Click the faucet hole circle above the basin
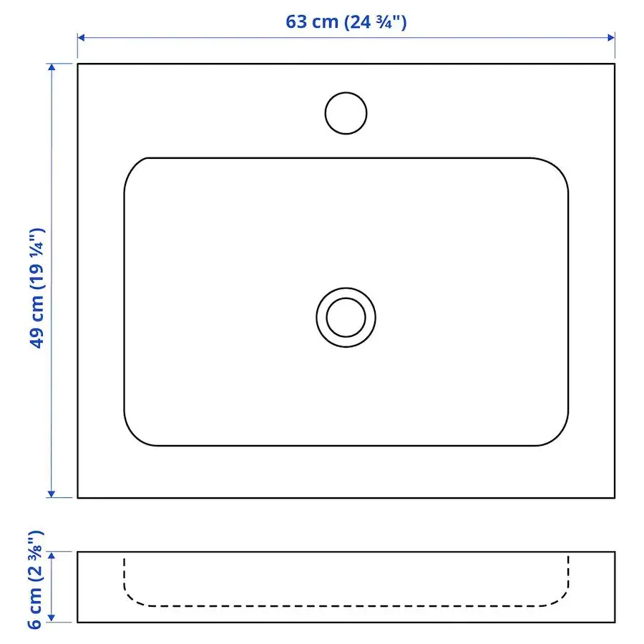pyautogui.click(x=346, y=113)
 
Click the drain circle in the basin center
pyautogui.click(x=346, y=317)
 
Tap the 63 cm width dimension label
pyautogui.click(x=346, y=21)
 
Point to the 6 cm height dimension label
pyautogui.click(x=36, y=580)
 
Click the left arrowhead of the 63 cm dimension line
pyautogui.click(x=82, y=37)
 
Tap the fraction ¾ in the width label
pyautogui.click(x=387, y=21)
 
